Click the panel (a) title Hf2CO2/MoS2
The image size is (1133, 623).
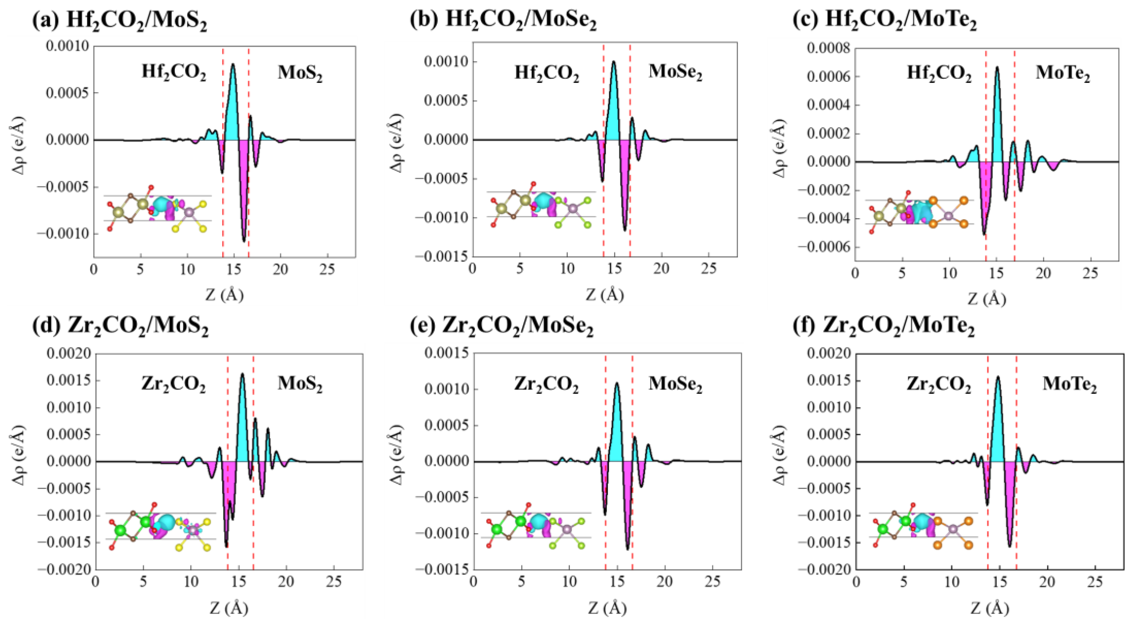pyautogui.click(x=120, y=20)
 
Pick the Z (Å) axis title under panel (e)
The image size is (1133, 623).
pyautogui.click(x=607, y=609)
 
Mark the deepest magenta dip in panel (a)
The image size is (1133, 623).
pyautogui.click(x=244, y=240)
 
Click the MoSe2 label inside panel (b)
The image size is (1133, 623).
pyautogui.click(x=675, y=73)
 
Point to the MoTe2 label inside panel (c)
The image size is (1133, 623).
pyautogui.click(x=1062, y=73)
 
